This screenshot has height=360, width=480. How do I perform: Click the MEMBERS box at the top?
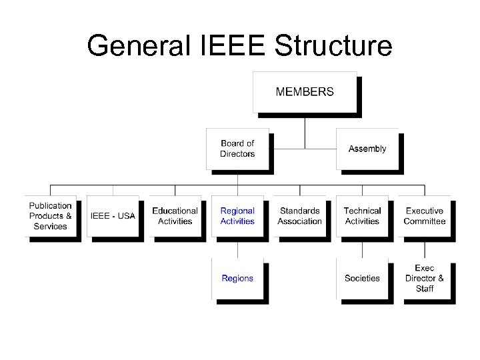(x=305, y=92)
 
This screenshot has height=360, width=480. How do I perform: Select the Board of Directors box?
(x=237, y=149)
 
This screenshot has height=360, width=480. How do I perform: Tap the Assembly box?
(x=367, y=149)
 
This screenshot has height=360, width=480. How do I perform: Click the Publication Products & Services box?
(x=51, y=216)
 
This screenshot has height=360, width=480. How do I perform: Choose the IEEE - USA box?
(x=113, y=216)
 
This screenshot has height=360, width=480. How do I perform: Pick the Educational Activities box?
(x=175, y=216)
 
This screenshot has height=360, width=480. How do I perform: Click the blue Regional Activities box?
(x=237, y=216)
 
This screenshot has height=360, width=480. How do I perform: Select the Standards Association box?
(x=299, y=216)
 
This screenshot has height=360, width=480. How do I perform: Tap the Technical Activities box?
(x=362, y=216)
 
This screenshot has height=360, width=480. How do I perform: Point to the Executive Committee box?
(x=424, y=216)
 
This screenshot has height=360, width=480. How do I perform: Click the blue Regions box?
(x=237, y=278)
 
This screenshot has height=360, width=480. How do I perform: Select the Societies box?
(x=362, y=278)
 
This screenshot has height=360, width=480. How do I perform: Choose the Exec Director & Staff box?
(x=424, y=278)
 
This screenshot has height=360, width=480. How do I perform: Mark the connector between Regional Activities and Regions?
(x=237, y=248)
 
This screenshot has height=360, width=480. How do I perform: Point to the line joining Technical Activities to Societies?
(x=362, y=248)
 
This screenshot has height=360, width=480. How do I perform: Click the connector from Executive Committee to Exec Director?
(x=425, y=248)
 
